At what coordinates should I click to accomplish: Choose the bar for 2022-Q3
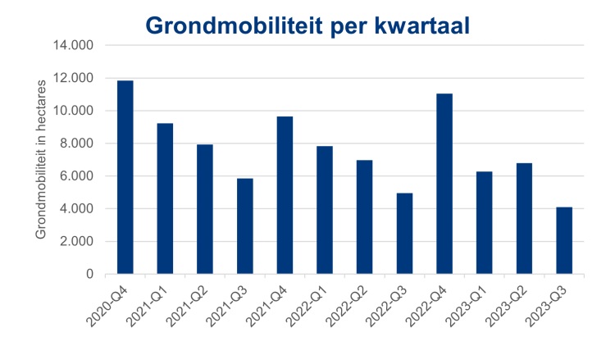404,234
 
